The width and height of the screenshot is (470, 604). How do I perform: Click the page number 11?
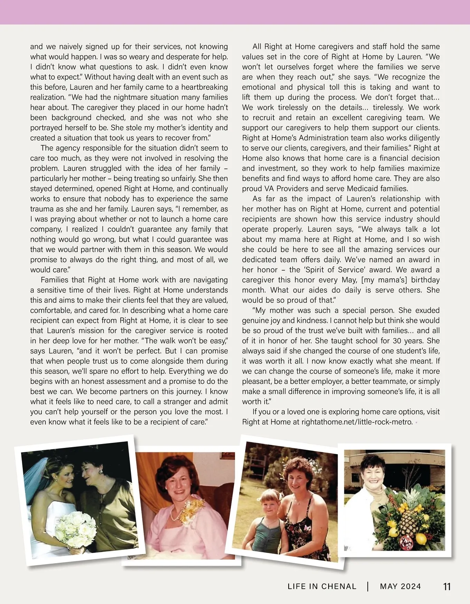click(446, 587)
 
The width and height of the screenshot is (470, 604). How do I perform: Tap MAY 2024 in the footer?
click(400, 587)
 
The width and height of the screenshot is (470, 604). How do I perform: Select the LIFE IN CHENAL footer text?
click(322, 587)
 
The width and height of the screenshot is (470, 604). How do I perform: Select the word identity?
click(196, 128)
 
